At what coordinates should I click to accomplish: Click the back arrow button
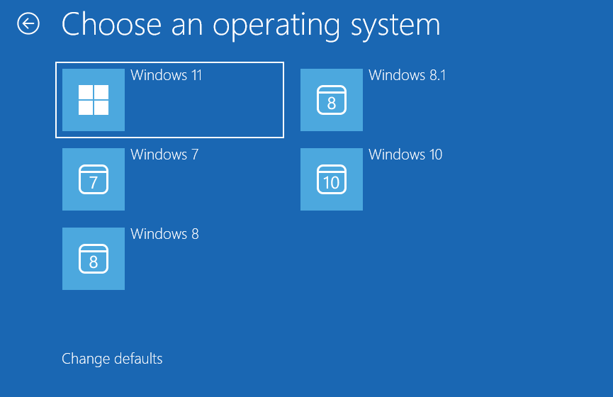[28, 24]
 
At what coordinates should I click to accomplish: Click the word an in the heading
[187, 26]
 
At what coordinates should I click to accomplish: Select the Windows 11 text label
[167, 75]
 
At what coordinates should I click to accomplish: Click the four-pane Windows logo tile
[94, 100]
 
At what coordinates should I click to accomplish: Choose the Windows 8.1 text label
[407, 75]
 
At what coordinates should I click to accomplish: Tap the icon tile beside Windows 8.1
[332, 100]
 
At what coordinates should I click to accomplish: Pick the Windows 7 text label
[164, 155]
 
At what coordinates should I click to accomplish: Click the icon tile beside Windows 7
[94, 179]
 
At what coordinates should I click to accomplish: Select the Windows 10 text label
[405, 155]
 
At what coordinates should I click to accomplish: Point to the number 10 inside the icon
[332, 183]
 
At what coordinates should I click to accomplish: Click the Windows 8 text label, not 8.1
[164, 234]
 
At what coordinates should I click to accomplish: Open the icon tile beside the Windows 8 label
[94, 259]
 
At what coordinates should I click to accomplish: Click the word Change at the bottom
[84, 359]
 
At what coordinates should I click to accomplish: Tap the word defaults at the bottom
[137, 359]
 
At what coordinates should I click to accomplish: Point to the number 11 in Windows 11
[196, 75]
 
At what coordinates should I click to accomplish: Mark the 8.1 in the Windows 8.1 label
[437, 75]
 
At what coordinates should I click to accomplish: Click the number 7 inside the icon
[94, 183]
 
